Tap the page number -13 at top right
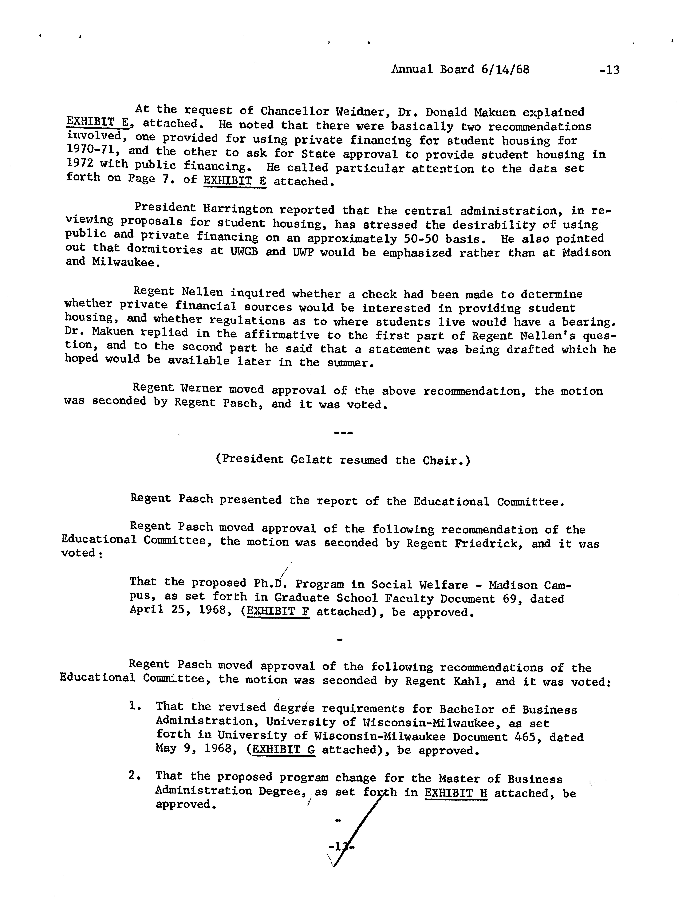(609, 70)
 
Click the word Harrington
(238, 209)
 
